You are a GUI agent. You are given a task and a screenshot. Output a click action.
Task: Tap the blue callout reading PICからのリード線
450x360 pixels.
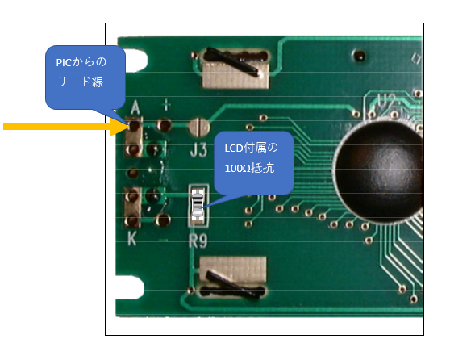85,77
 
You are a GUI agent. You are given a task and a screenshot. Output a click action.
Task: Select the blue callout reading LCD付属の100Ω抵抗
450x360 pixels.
254,163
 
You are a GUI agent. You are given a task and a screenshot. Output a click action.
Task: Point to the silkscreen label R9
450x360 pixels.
198,241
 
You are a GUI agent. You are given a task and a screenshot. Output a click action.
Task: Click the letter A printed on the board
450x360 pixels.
135,107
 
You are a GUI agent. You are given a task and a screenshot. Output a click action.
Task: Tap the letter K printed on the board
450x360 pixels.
131,238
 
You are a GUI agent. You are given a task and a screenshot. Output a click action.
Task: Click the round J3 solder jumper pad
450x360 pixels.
198,127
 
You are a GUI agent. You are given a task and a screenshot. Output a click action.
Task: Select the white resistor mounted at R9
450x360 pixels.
198,205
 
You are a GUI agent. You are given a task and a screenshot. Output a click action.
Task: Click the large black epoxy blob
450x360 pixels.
379,171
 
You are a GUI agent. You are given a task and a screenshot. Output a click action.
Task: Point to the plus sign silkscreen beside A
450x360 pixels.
166,105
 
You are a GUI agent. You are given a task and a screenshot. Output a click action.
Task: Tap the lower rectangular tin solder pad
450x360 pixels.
233,270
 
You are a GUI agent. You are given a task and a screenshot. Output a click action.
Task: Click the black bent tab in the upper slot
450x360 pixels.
233,62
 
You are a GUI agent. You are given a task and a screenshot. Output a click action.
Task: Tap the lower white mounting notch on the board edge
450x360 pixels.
131,287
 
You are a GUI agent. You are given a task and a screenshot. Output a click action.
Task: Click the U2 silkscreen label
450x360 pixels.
386,102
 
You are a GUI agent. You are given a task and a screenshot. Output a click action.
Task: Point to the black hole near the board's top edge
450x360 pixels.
359,55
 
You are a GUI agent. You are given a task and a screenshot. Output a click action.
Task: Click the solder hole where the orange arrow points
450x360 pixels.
135,126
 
